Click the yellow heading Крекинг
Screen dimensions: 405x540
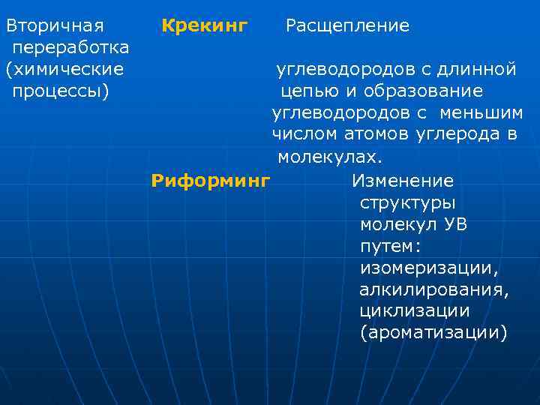pos(205,26)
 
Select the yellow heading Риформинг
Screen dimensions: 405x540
pos(210,181)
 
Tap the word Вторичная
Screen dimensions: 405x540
pos(55,26)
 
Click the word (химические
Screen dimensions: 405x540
pos(64,70)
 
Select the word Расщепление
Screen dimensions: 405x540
pos(347,26)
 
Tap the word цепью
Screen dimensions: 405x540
pos(307,91)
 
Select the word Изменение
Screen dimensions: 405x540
pos(403,181)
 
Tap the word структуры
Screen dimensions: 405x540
pos(408,203)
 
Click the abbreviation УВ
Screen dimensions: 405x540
pos(455,225)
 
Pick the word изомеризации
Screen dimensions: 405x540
pos(429,268)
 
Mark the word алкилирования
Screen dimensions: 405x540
pos(434,289)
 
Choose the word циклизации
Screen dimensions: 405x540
pos(415,310)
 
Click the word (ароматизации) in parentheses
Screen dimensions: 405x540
pos(433,332)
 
